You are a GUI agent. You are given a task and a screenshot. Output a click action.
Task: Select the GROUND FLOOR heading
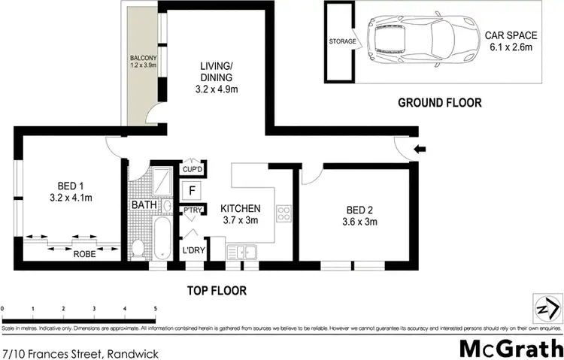[x=439, y=103]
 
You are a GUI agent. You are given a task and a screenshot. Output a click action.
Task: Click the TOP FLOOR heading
[x=218, y=290]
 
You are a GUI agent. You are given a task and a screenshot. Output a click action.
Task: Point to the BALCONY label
[x=142, y=62]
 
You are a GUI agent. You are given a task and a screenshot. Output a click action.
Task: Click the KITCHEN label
[x=240, y=214]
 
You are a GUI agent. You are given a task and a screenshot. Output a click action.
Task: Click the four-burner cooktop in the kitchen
[x=284, y=213]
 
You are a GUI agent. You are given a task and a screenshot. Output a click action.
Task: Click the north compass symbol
[x=547, y=308]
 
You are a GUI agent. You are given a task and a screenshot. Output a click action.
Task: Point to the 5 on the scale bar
[x=155, y=308]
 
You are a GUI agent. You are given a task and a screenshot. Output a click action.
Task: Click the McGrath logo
[x=511, y=347]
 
